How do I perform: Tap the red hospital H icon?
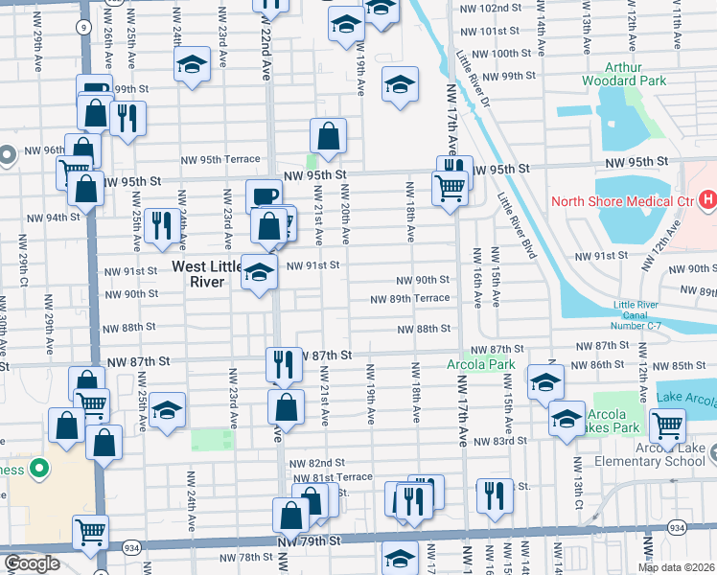[707, 200]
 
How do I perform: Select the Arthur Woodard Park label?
[623, 75]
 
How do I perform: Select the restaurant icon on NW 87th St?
[283, 363]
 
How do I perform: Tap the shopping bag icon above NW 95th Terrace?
[328, 136]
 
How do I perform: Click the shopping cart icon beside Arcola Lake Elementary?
[666, 423]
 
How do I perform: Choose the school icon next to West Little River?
[258, 272]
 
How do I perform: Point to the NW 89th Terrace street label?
[411, 298]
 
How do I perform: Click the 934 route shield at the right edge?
[704, 527]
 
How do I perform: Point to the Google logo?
[32, 563]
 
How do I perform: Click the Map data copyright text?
[676, 567]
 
